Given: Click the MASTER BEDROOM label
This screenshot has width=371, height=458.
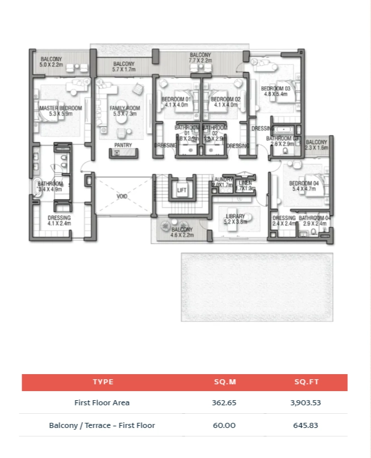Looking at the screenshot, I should (x=61, y=108).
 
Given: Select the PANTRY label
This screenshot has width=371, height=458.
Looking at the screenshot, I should (x=123, y=145).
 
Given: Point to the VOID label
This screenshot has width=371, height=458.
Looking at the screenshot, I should (x=122, y=196).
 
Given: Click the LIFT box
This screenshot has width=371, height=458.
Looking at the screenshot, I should (x=182, y=190).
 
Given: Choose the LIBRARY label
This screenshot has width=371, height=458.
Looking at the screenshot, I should (x=235, y=216).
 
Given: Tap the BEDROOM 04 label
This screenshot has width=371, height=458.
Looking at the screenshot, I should (x=304, y=183).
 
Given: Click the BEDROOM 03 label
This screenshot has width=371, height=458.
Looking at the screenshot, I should (x=276, y=88).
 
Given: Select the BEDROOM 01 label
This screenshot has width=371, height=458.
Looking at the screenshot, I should (x=176, y=99).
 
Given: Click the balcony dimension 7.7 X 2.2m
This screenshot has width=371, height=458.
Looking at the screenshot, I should (x=201, y=61).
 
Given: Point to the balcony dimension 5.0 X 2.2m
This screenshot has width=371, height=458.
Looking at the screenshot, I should (x=51, y=65).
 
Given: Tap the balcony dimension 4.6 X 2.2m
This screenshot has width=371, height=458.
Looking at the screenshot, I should (x=182, y=235).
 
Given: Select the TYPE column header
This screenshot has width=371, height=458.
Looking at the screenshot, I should (x=103, y=382).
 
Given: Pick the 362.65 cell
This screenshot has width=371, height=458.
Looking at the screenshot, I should (x=224, y=403).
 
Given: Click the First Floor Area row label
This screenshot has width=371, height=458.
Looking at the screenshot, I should (x=102, y=403).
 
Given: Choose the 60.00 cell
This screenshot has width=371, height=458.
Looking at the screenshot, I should (x=224, y=425).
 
